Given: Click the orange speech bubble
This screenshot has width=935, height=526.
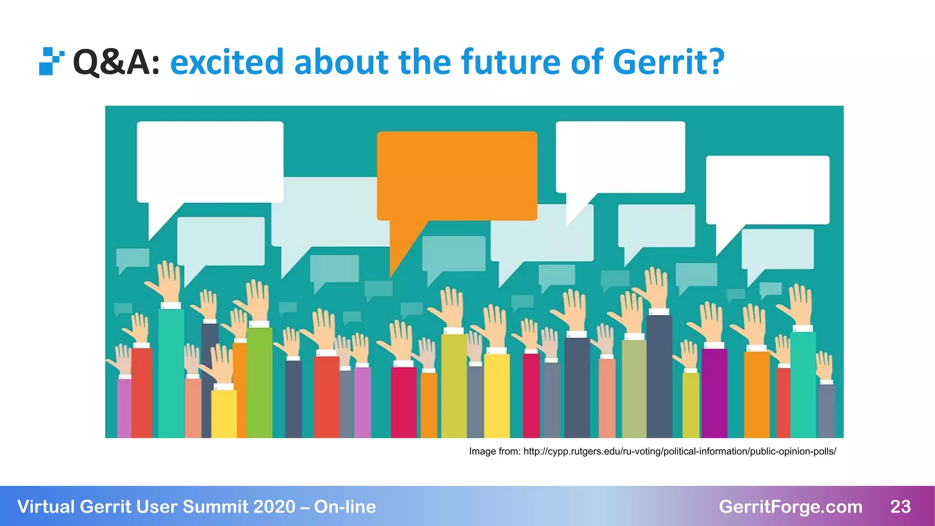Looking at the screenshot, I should pos(457,176).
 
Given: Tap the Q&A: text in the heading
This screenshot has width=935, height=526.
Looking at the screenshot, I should pos(116,62).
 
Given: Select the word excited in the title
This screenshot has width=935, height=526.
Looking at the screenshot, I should pos(227,62).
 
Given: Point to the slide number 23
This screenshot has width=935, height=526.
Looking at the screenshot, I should pos(900,506).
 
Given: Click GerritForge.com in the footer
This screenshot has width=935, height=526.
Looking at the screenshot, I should pos(790,506).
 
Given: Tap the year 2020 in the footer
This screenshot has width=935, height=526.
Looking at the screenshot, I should pos(274,506).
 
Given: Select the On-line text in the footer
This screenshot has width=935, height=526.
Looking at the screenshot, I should pos(345,506).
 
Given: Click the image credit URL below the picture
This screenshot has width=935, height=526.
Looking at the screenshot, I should pos(679,451).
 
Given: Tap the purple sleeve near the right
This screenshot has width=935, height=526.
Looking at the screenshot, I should pos(714,393).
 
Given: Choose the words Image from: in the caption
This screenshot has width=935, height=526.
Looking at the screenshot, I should pos(494,451).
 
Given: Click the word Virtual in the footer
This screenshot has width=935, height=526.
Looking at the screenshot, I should pos(46,506).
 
